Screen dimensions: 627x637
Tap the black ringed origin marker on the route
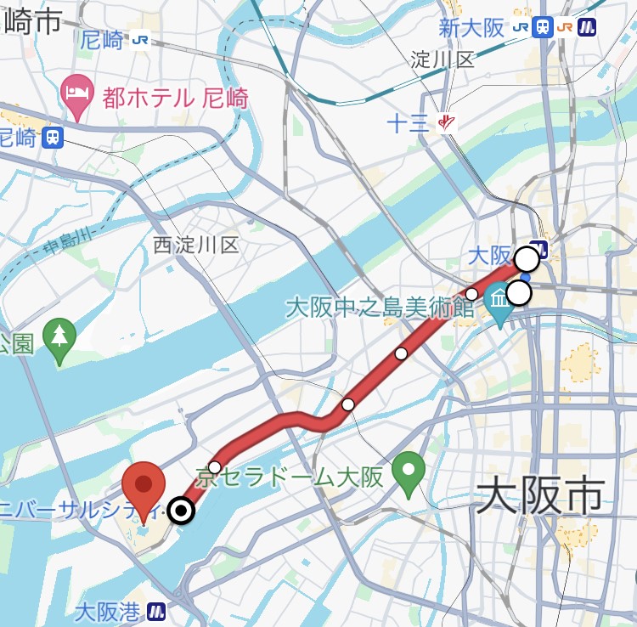[181, 511]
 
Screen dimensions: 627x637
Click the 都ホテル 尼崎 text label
[175, 98]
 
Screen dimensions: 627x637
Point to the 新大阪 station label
[471, 27]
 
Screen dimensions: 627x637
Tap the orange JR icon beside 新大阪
[565, 27]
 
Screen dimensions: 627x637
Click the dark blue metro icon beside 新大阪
[587, 27]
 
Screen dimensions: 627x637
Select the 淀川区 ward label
[442, 59]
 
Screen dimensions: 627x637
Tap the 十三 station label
[409, 123]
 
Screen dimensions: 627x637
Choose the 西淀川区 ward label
[196, 246]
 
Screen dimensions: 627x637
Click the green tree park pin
[59, 339]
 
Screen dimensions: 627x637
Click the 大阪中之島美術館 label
[379, 307]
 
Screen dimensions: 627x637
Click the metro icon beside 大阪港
[156, 611]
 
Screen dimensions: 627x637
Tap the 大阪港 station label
[108, 611]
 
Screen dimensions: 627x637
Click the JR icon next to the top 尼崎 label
[140, 40]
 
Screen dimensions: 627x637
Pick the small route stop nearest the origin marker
[214, 467]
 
